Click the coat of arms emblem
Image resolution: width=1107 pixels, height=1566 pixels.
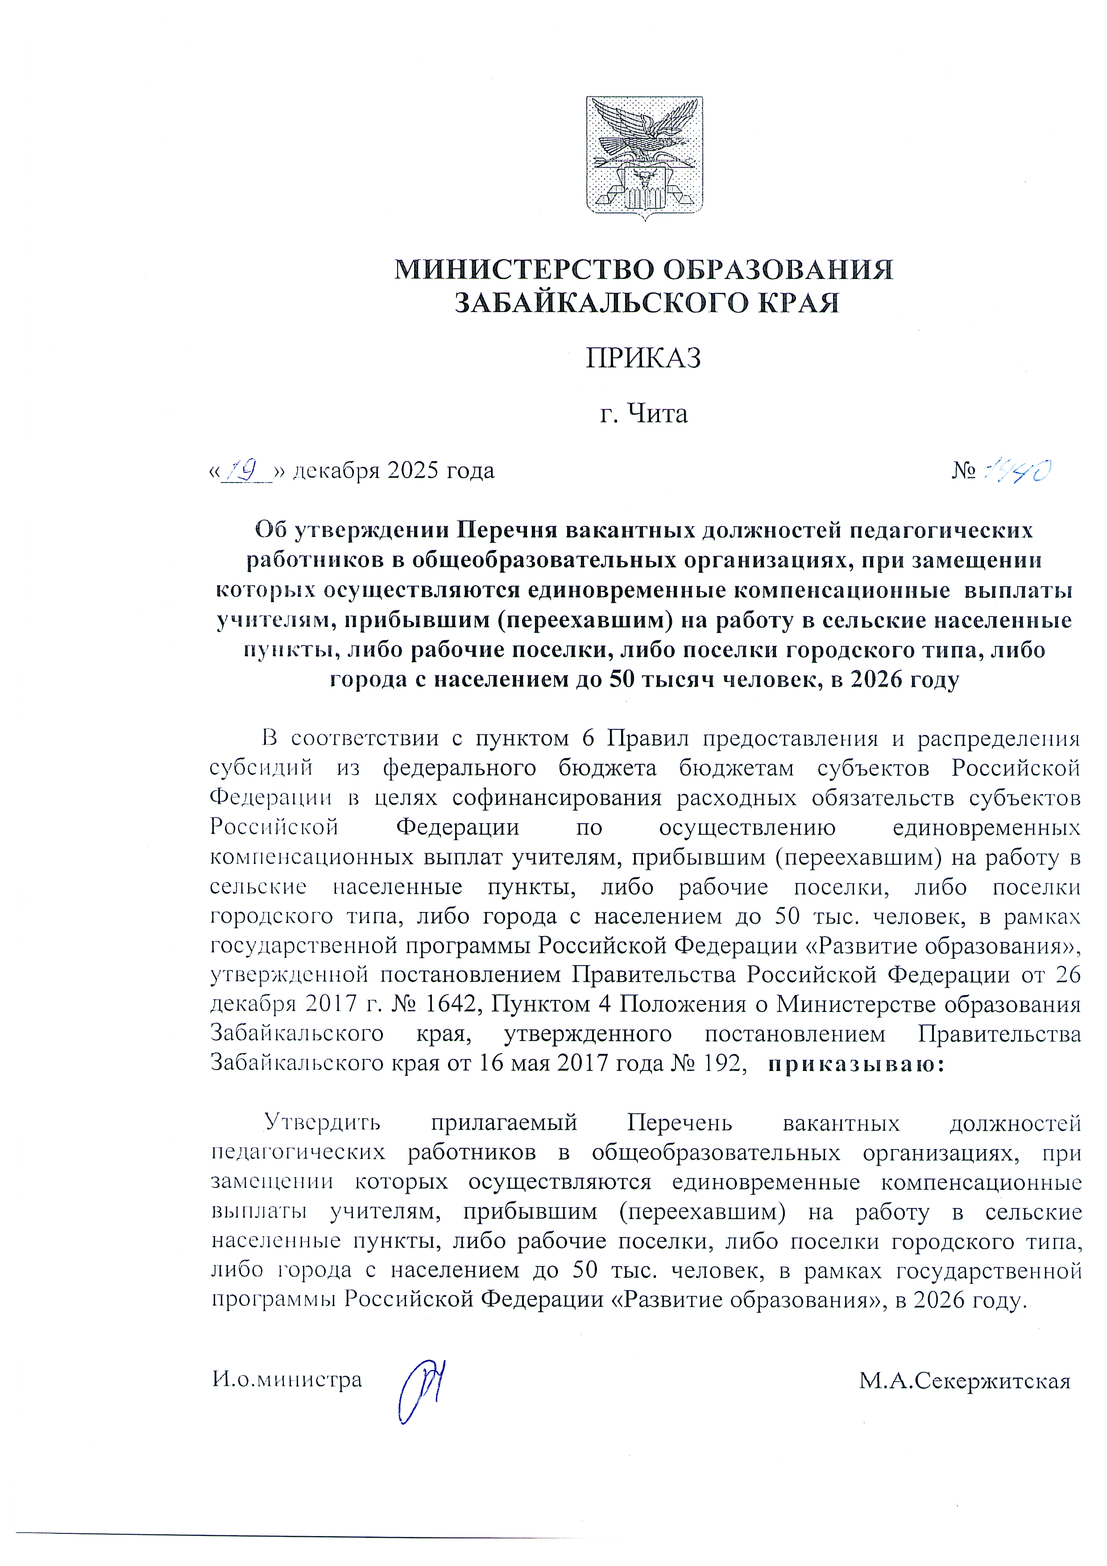click(x=644, y=158)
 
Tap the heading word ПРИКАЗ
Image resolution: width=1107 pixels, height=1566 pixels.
click(x=643, y=358)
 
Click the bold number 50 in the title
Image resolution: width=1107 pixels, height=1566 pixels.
click(x=622, y=680)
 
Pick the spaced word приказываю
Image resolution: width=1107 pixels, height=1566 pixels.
click(x=855, y=1064)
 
